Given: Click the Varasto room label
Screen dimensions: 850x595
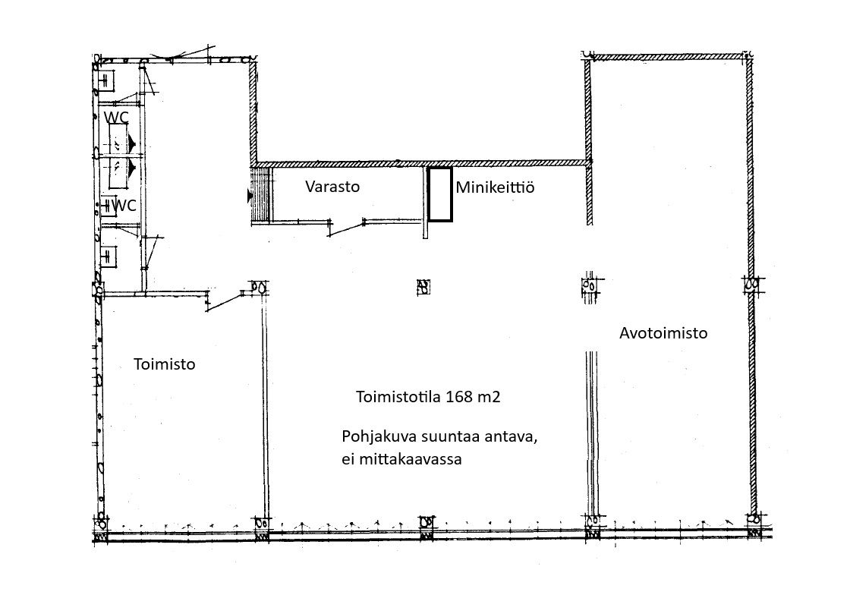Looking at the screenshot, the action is [x=332, y=187].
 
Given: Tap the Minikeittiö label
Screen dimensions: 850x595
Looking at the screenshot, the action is [x=495, y=187].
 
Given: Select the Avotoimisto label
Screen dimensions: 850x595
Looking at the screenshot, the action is [x=663, y=332].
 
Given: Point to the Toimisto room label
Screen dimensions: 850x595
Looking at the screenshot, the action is [x=164, y=364].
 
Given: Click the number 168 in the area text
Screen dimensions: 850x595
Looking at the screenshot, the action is [x=458, y=397].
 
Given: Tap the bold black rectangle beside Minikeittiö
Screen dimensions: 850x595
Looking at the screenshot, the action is [x=440, y=194].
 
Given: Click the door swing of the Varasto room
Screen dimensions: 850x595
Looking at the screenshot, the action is [x=346, y=228].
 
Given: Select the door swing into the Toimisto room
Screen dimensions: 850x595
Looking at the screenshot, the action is [x=225, y=301].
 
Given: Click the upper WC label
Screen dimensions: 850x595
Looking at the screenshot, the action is [x=117, y=118].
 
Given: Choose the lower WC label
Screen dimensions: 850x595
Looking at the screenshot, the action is [x=124, y=206].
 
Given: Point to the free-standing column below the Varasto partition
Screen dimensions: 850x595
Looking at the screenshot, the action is [x=423, y=287].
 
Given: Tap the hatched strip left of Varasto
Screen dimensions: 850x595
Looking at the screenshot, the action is [x=261, y=194].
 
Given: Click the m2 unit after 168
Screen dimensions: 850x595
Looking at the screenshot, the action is [x=489, y=397].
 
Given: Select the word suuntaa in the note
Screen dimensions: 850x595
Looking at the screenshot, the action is [x=451, y=437].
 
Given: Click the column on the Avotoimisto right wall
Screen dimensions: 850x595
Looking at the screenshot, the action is [x=752, y=284].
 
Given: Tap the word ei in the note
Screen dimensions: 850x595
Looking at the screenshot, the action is [x=348, y=459].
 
